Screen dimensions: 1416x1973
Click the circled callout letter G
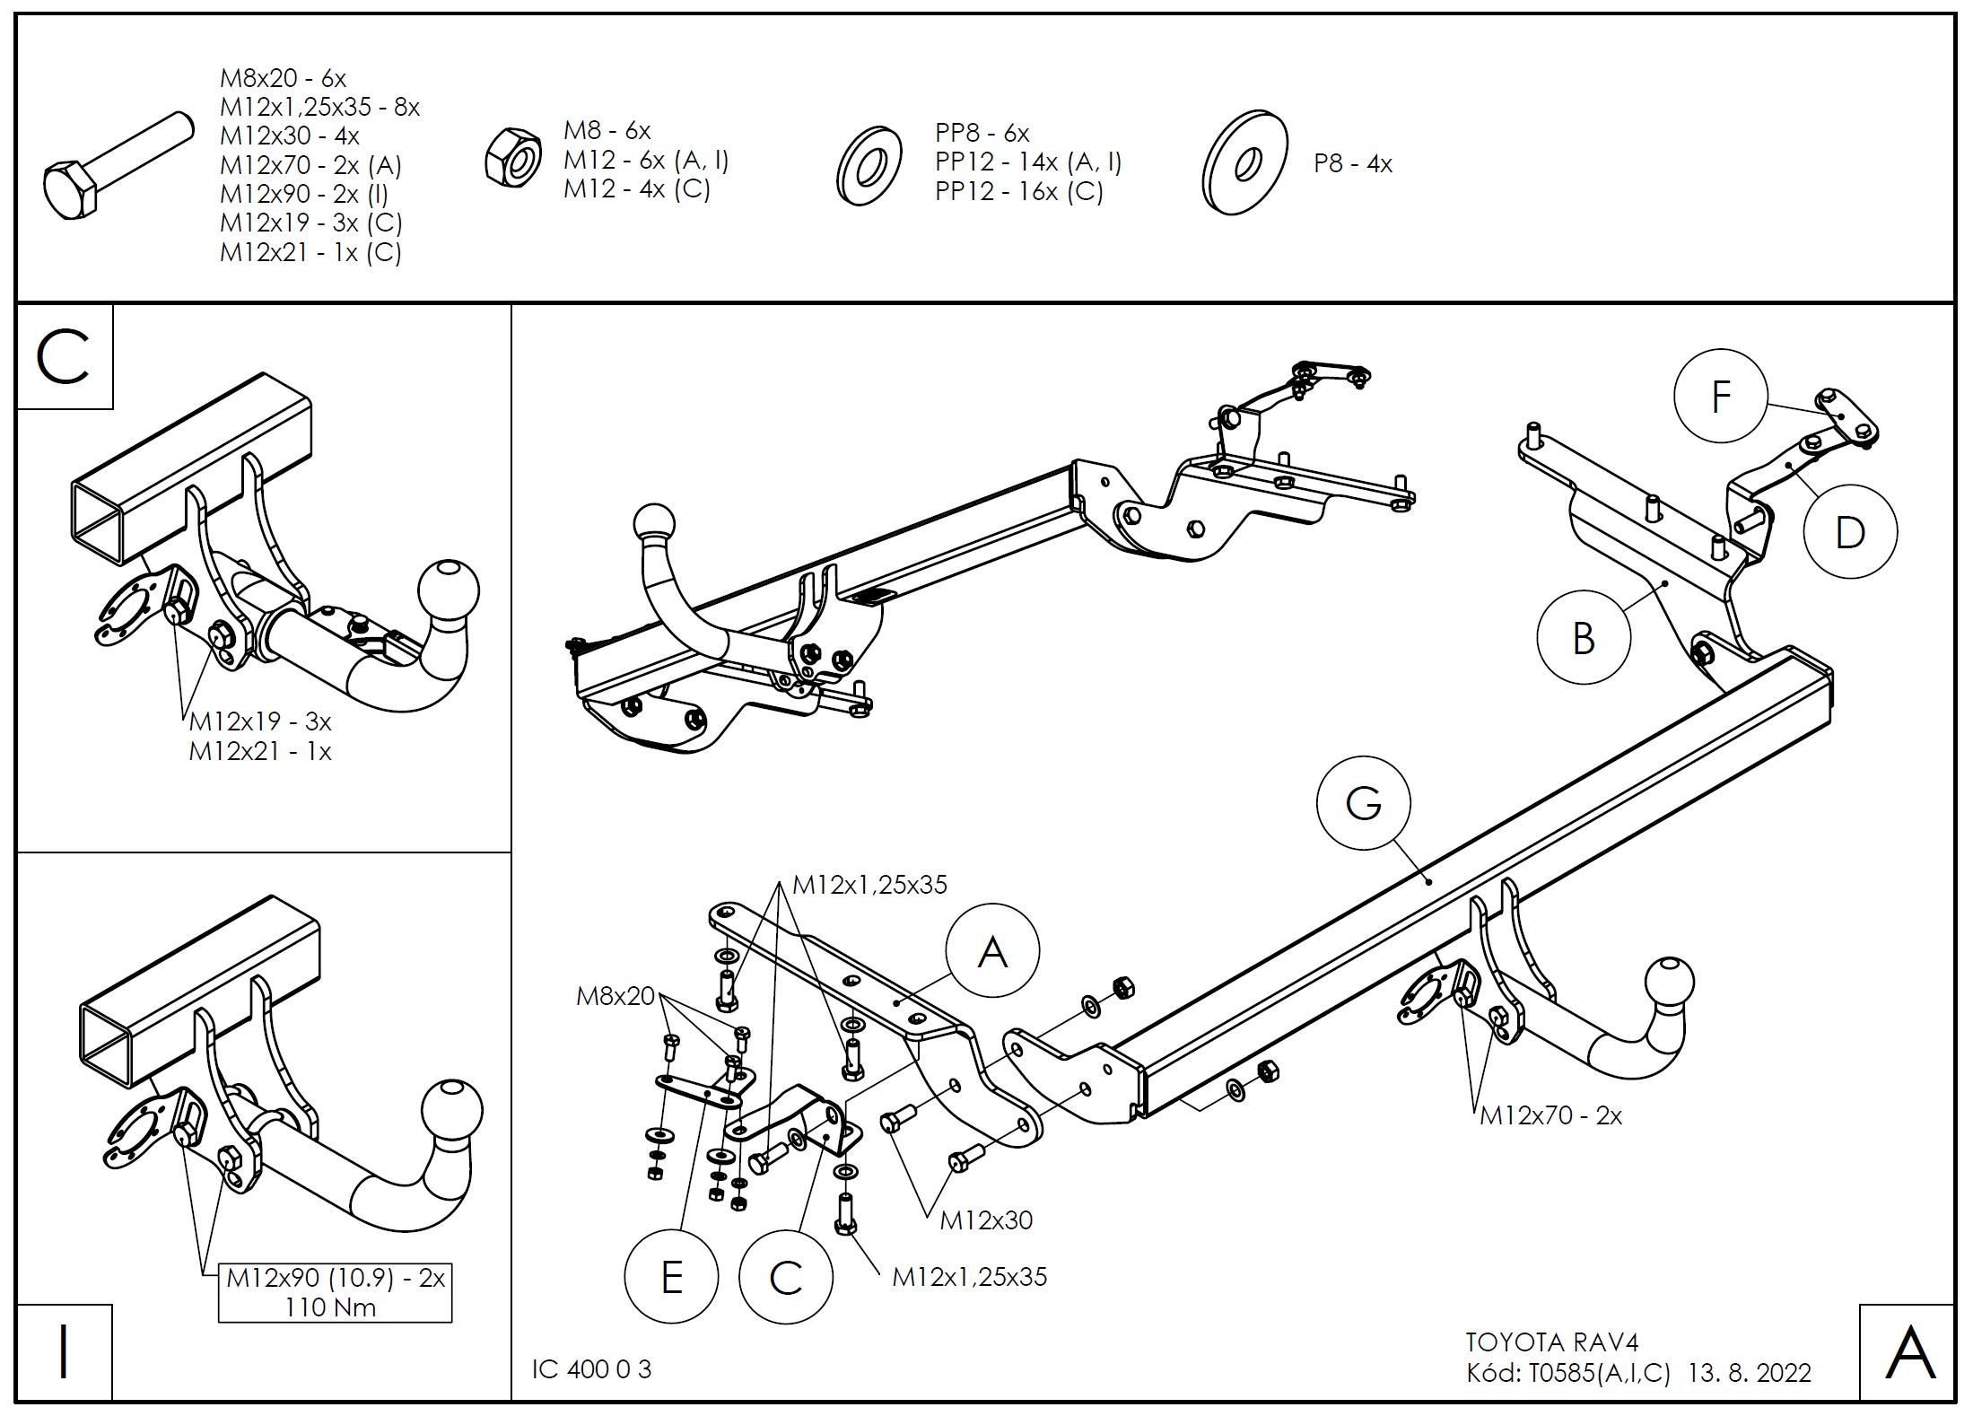pyautogui.click(x=1363, y=802)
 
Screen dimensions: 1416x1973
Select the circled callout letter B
pyautogui.click(x=1584, y=639)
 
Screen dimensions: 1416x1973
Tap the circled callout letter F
pyautogui.click(x=1720, y=397)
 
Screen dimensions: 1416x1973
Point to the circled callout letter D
pyautogui.click(x=1849, y=532)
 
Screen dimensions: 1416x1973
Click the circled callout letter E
pyautogui.click(x=671, y=1277)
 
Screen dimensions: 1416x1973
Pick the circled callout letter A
pyautogui.click(x=992, y=951)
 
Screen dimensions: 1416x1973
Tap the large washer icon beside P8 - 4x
pyautogui.click(x=1244, y=163)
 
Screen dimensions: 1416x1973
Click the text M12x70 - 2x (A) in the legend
pyautogui.click(x=310, y=165)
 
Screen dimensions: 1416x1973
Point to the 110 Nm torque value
pyautogui.click(x=330, y=1307)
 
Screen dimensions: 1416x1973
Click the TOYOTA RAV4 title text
pyautogui.click(x=1551, y=1342)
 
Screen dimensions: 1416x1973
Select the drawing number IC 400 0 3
pyautogui.click(x=591, y=1369)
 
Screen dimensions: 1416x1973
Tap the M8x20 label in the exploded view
pyautogui.click(x=615, y=995)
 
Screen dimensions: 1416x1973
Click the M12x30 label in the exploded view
pyautogui.click(x=986, y=1220)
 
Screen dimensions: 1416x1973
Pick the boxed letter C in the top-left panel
pyautogui.click(x=64, y=357)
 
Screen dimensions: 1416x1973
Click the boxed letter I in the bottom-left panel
pyautogui.click(x=64, y=1352)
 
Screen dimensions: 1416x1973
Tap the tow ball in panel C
pyautogui.click(x=449, y=592)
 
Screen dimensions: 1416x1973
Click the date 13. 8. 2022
pyautogui.click(x=1750, y=1373)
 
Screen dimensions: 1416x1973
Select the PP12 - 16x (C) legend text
pyautogui.click(x=1019, y=191)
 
